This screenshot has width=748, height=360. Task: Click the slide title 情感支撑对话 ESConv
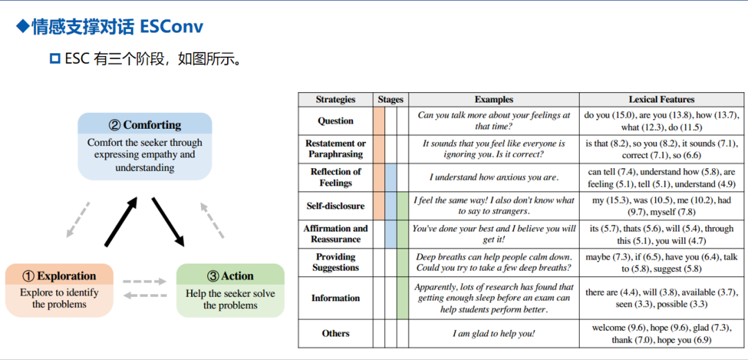(x=117, y=27)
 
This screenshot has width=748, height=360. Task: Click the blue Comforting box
(x=145, y=146)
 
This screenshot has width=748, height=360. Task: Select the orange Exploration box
(x=59, y=290)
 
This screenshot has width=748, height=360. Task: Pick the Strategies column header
(x=335, y=100)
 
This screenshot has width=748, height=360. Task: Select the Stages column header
(x=391, y=100)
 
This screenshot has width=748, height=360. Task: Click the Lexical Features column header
(x=661, y=100)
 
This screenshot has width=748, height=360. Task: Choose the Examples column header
(x=494, y=100)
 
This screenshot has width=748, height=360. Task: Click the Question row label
(x=335, y=121)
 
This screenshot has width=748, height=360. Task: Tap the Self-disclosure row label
(x=335, y=206)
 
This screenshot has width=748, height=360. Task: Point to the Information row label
(x=335, y=298)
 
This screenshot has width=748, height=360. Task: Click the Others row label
(x=335, y=334)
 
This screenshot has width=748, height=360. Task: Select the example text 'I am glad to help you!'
(x=494, y=334)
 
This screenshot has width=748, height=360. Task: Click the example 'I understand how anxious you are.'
(x=494, y=177)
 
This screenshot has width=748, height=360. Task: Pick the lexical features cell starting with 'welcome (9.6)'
(x=661, y=334)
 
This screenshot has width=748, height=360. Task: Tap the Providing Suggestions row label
(x=335, y=262)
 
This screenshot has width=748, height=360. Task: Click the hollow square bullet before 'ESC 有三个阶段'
(x=55, y=59)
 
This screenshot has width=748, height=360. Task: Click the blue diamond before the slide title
(x=23, y=27)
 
